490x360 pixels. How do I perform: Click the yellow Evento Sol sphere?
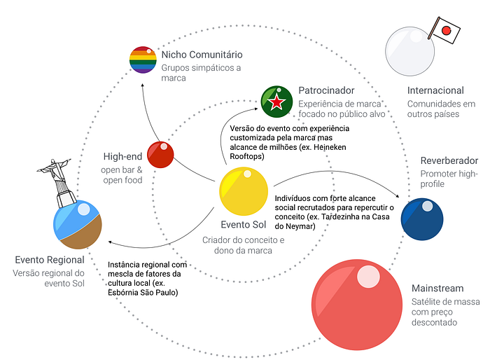(244, 191)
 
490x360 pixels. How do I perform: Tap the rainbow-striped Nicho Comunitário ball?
(143, 60)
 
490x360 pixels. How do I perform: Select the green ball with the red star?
(276, 102)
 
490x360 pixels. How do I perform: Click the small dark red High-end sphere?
(160, 155)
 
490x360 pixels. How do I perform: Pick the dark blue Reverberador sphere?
(422, 219)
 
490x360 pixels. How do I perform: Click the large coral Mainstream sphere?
(357, 305)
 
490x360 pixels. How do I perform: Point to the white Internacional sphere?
(409, 51)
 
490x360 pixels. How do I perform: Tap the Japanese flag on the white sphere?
(445, 30)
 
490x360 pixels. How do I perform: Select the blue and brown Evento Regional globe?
(78, 225)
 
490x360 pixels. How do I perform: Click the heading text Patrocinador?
(326, 90)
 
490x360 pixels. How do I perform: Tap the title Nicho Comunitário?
(202, 55)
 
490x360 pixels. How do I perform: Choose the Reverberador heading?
(449, 160)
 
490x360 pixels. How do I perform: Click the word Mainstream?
(437, 288)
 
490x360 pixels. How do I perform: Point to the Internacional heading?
(435, 90)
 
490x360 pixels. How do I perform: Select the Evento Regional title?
(50, 260)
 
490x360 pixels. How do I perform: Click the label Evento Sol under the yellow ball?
(244, 225)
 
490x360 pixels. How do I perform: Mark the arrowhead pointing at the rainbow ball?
(142, 85)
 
